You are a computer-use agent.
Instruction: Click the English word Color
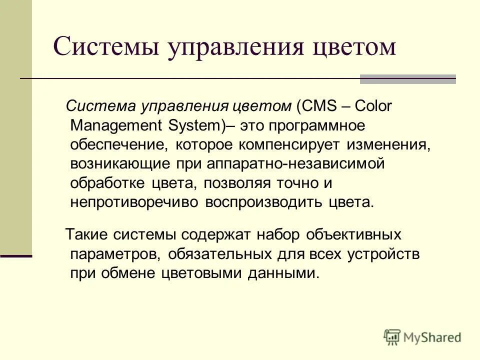tap(374, 106)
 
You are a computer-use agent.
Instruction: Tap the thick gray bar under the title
tap(407, 79)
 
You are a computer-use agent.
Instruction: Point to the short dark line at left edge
tap(16, 256)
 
